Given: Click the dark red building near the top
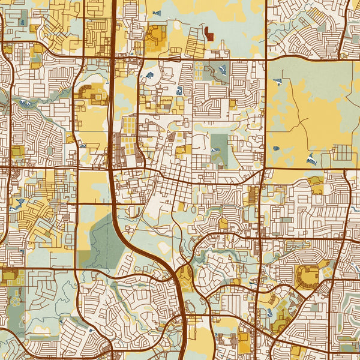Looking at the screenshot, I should (209, 34).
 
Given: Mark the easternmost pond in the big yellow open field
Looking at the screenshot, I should (311, 159).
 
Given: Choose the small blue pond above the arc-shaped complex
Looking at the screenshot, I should (157, 13).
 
